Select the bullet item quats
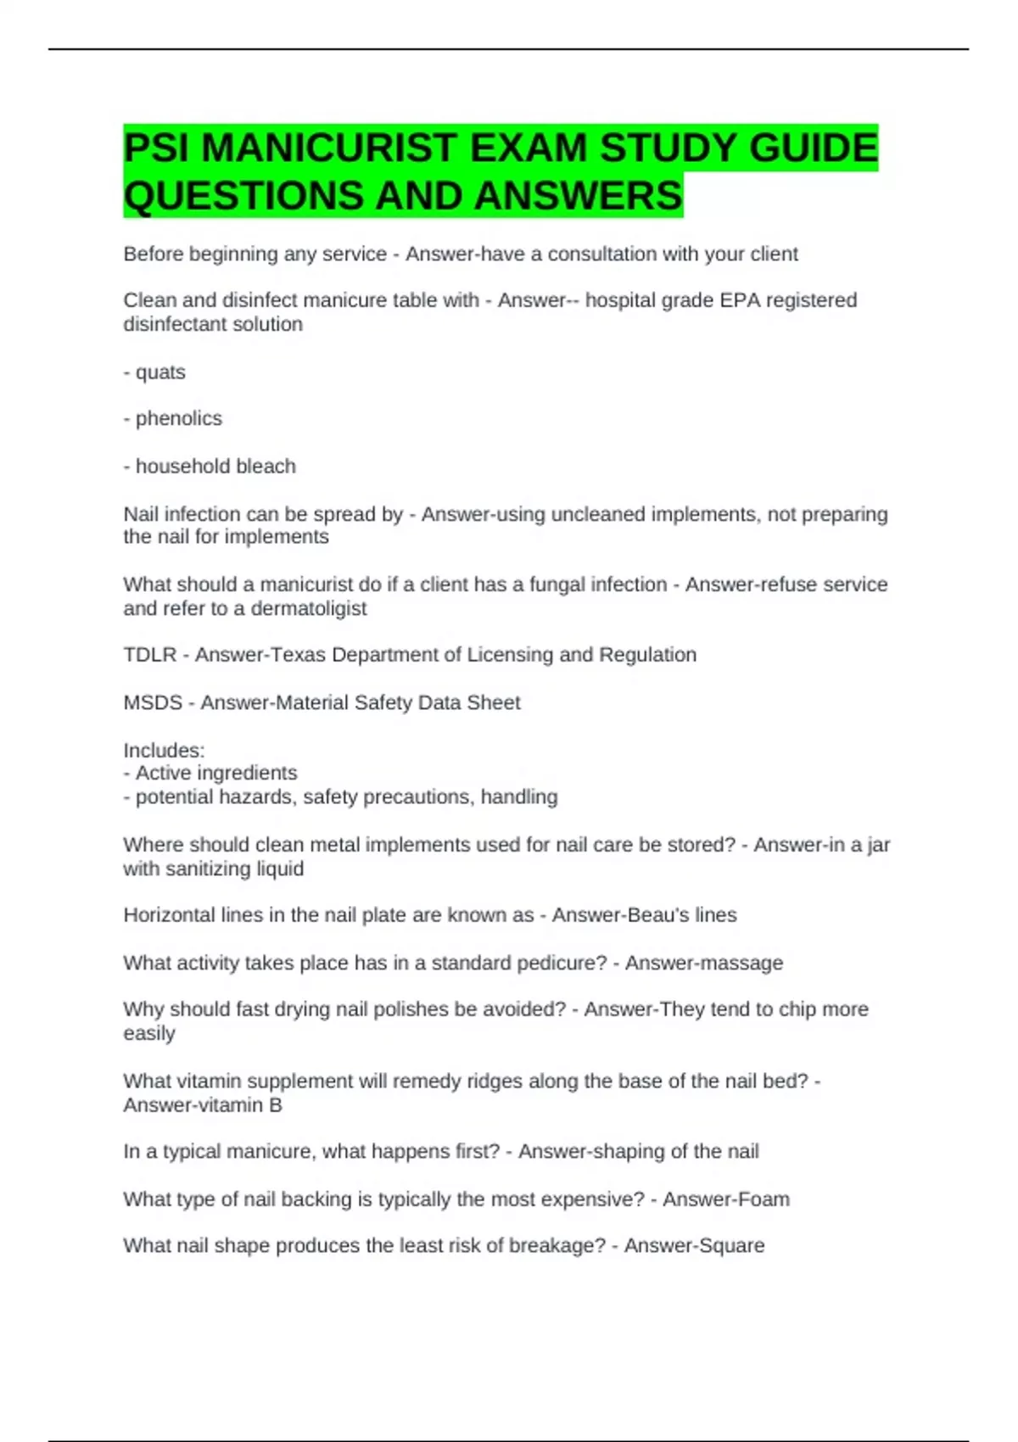pyautogui.click(x=160, y=372)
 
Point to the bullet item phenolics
pyautogui.click(x=178, y=418)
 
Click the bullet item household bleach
pyautogui.click(x=215, y=466)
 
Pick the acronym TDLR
pyautogui.click(x=150, y=655)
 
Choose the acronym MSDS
pyautogui.click(x=153, y=702)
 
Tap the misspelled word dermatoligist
pyautogui.click(x=309, y=608)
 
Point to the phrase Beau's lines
pyautogui.click(x=687, y=915)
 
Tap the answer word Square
pyautogui.click(x=730, y=1245)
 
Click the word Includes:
pyautogui.click(x=164, y=750)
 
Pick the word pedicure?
pyautogui.click(x=562, y=963)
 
